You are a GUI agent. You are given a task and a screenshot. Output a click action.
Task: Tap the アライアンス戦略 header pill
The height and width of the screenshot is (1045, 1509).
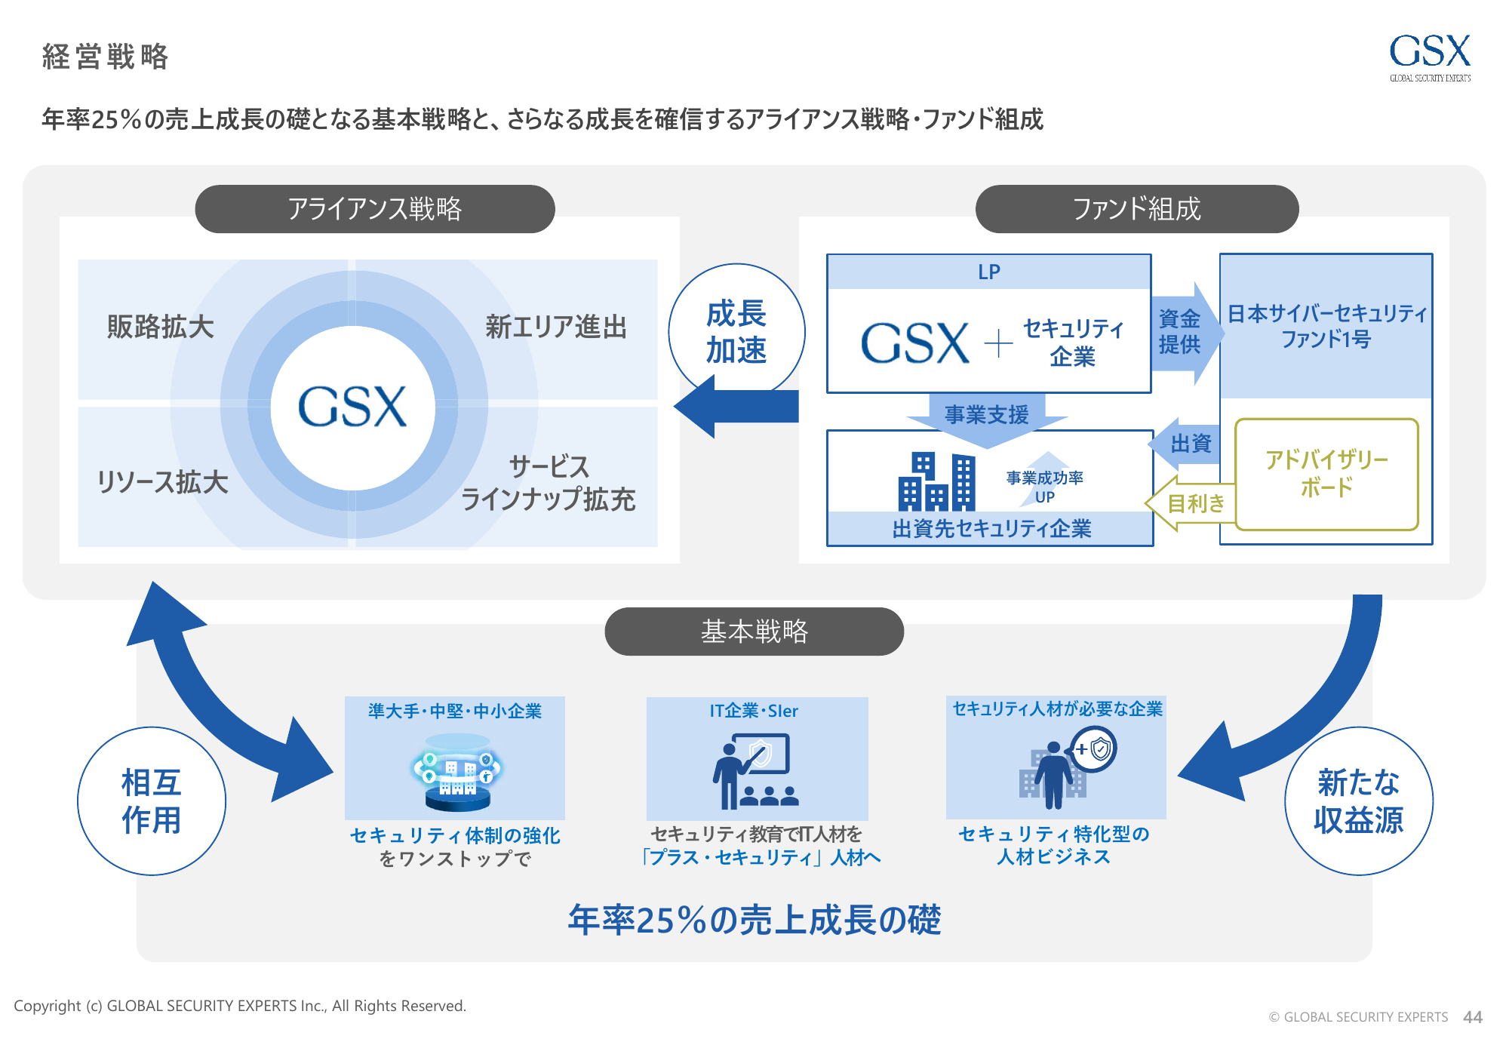[x=375, y=209]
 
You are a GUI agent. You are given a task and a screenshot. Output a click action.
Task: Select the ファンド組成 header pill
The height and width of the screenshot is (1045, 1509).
[x=1136, y=209]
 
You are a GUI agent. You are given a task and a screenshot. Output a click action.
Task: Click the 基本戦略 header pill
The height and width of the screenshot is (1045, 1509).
[x=754, y=632]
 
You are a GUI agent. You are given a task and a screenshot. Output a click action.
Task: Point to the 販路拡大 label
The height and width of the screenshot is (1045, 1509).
[x=161, y=327]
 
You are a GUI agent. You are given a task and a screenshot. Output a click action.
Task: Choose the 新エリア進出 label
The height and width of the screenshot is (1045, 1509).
[x=556, y=327]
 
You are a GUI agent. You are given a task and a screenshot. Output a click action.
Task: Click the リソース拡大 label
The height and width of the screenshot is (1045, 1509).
[x=163, y=482]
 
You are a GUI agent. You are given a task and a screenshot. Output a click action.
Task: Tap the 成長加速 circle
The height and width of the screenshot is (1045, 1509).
[x=736, y=331]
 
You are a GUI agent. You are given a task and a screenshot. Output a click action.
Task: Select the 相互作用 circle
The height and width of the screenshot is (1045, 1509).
[x=152, y=801]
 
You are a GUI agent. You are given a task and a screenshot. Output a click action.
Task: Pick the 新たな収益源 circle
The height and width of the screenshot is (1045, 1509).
[x=1358, y=801]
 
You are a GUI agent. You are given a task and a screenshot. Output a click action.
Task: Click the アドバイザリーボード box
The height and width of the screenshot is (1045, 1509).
[x=1326, y=474]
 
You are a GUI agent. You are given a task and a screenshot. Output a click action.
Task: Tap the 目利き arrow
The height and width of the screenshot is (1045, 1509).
[x=1194, y=503]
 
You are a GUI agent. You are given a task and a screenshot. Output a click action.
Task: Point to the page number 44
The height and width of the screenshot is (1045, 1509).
[x=1472, y=1017]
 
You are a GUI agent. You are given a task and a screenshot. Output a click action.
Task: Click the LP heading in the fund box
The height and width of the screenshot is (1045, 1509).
[x=988, y=272]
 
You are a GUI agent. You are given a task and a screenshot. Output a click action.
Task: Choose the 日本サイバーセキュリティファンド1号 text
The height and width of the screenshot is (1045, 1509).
[x=1326, y=326]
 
